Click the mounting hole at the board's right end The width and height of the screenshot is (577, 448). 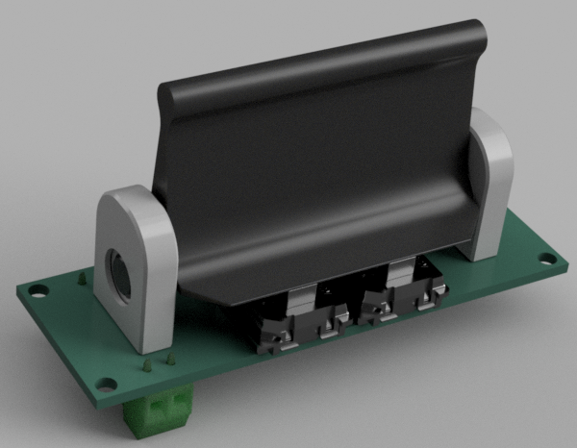click(547, 259)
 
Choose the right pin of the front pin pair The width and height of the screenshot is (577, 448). click(169, 360)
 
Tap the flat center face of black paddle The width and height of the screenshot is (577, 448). click(317, 173)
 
